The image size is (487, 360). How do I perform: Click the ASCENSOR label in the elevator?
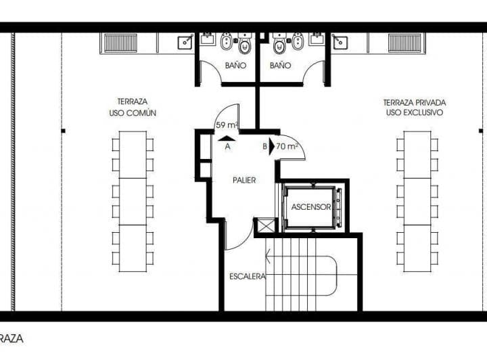(311, 207)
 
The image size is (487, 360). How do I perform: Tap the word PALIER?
(244, 181)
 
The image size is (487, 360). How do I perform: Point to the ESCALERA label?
(246, 276)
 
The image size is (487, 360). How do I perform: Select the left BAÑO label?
(235, 66)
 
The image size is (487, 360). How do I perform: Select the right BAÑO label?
(280, 66)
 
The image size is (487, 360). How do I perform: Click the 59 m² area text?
(227, 125)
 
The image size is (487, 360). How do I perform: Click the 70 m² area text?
(287, 145)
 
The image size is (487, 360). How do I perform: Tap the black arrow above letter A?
(223, 137)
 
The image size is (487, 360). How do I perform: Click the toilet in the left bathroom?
(245, 46)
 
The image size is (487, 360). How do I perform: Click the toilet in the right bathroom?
(279, 46)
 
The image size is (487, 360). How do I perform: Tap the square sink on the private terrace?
(340, 43)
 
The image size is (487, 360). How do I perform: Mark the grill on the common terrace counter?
(119, 43)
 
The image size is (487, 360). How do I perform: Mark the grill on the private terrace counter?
(405, 43)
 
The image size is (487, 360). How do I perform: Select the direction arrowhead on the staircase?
(269, 257)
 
